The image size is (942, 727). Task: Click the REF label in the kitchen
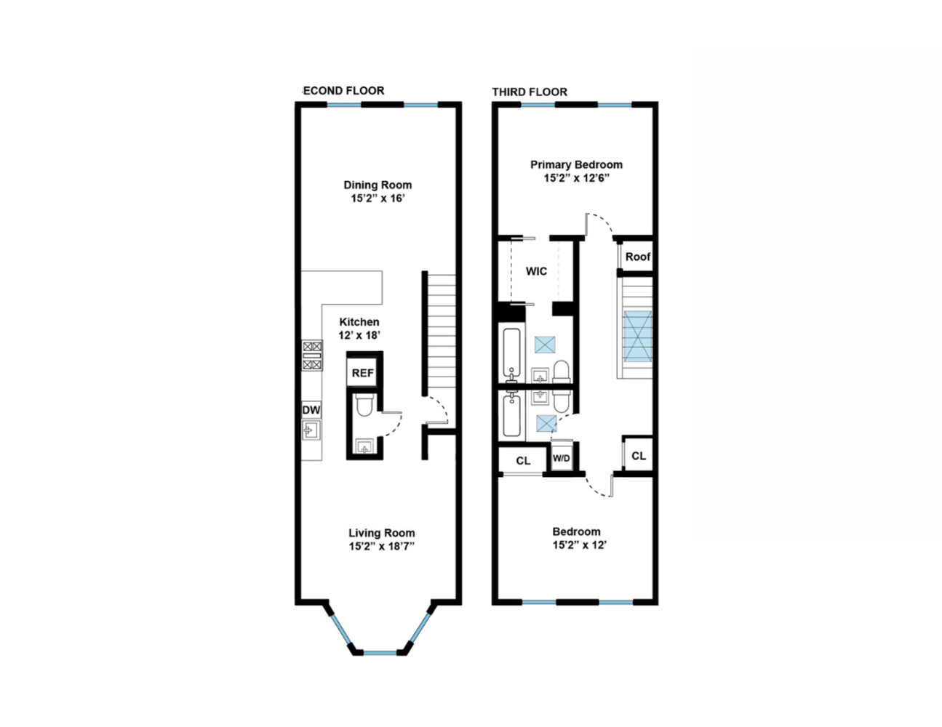[363, 373]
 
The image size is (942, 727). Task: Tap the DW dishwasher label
[311, 410]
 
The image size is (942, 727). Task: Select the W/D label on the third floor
[561, 458]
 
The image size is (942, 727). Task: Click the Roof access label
[638, 257]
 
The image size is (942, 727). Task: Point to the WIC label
[536, 271]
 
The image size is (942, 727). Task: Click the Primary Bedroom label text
[576, 164]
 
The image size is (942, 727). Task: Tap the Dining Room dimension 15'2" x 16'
[378, 198]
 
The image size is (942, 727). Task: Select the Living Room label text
[381, 533]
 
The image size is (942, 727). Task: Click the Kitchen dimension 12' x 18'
[359, 335]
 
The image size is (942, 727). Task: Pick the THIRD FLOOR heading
[530, 92]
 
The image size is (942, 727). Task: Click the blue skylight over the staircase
[639, 336]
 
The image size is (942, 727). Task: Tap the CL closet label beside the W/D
[523, 461]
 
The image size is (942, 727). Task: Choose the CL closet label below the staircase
[639, 456]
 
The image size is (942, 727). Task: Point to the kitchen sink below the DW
[311, 430]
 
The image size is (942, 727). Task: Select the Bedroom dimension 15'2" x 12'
[579, 545]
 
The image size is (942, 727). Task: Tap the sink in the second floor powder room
[364, 446]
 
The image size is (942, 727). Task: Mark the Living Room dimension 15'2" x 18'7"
[381, 546]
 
